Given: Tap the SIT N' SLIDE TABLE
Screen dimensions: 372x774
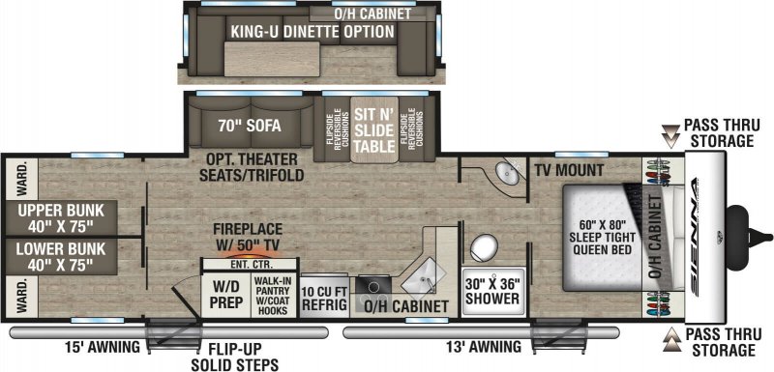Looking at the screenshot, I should click(372, 128).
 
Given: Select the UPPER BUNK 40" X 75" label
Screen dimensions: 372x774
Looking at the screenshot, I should click(58, 217).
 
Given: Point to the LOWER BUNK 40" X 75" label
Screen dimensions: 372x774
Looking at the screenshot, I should click(58, 257).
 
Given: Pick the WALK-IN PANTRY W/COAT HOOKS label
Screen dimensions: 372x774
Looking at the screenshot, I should click(273, 294).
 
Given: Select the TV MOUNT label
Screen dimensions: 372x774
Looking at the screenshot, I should click(570, 171).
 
